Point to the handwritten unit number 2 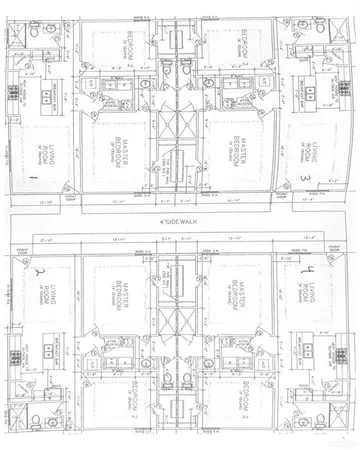coord(40,270)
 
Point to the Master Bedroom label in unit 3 coord(239,150)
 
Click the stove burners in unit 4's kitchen coord(347,352)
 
